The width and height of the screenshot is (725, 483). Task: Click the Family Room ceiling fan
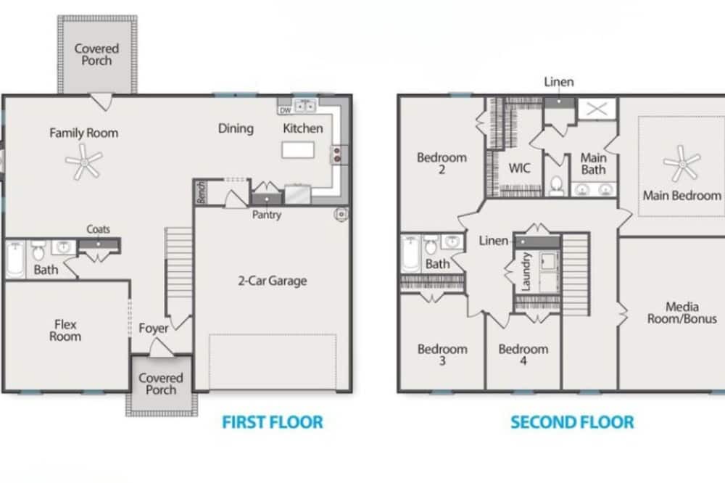83,162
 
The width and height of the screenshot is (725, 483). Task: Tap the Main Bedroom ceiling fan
682,164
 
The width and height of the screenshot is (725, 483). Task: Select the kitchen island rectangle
298,150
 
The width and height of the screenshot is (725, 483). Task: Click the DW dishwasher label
285,110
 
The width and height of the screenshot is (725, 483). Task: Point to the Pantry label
267,215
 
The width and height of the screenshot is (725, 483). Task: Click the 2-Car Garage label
273,281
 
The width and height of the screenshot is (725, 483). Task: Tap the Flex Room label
65,330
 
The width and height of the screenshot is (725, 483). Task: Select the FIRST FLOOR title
273,422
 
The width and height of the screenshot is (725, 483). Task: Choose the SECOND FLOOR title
572,422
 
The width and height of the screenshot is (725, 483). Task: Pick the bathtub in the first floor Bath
15,260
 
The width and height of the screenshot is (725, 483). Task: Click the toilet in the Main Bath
557,186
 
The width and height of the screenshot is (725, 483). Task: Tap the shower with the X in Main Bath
597,110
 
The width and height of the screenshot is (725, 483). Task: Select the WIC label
519,168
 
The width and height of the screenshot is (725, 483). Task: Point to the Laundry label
526,271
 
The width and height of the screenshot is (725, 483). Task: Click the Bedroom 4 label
523,355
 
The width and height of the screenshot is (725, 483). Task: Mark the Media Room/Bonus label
682,313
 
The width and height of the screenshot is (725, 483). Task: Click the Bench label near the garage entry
201,192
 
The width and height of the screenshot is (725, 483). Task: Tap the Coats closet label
99,229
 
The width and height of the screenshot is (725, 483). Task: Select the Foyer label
154,329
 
